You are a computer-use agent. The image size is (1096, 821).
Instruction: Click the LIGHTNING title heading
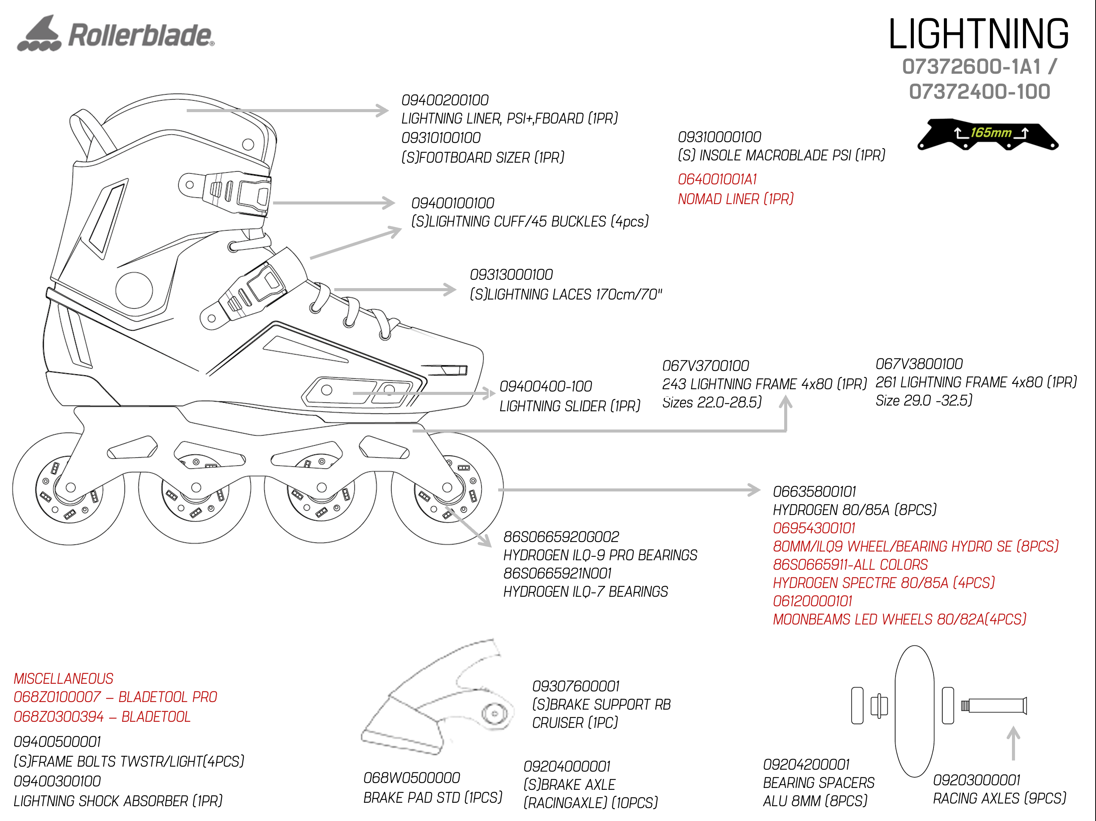tap(978, 34)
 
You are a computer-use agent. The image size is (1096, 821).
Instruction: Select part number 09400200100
tap(445, 100)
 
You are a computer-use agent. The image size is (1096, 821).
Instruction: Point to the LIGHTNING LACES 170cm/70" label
tap(566, 295)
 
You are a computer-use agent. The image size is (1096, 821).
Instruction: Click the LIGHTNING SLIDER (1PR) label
tap(570, 406)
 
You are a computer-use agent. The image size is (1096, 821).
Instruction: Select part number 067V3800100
tap(919, 364)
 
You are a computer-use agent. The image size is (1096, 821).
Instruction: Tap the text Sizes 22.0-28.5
tap(712, 402)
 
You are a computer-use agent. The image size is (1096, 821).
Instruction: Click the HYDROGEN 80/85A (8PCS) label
tap(855, 510)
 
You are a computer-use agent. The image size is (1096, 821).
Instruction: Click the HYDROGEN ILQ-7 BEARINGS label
tap(586, 592)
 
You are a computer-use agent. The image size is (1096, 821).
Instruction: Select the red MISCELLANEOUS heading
tap(64, 678)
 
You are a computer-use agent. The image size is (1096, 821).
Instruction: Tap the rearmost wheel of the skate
tap(69, 489)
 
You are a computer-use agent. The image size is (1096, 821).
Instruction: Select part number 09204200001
tap(807, 764)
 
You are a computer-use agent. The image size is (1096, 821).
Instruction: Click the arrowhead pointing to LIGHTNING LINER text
tap(383, 111)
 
